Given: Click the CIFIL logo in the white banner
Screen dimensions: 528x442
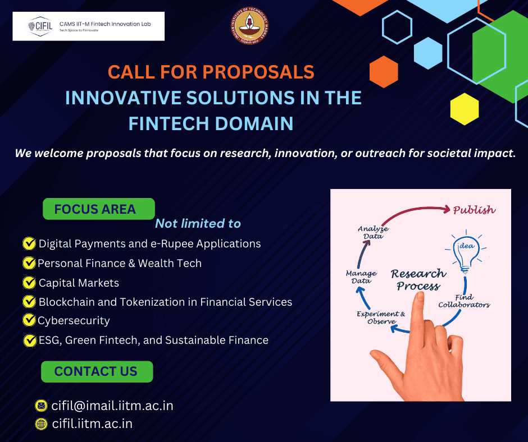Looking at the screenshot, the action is point(40,26).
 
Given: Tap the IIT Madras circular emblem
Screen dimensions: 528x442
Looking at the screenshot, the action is point(249,26).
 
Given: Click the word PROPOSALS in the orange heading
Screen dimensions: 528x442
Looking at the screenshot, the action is point(258,72).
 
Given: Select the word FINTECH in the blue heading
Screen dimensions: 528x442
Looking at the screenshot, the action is point(169,123).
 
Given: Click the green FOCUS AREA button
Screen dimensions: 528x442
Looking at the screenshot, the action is point(99,209).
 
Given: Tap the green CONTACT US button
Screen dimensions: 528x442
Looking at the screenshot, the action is point(97,371).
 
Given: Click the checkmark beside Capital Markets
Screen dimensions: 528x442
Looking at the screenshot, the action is point(29,283).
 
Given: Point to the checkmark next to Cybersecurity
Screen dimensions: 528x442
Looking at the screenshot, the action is point(29,320).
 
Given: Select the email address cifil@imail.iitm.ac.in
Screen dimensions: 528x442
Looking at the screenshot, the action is point(112,406).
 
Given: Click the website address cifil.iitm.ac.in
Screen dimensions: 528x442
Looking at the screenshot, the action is point(92,423).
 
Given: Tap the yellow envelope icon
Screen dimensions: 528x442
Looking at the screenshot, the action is point(41,406).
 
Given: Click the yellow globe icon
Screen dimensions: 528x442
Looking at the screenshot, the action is point(41,424).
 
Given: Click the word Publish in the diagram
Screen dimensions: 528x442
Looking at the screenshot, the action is point(474,210).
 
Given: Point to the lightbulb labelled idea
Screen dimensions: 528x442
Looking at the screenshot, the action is point(466,252).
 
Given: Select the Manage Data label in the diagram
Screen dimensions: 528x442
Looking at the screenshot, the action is point(361,277).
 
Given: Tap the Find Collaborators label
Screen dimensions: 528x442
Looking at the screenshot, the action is point(464,301).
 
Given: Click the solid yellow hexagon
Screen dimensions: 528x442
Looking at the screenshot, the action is point(465,109).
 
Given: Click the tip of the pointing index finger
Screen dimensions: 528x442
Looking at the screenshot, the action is point(419,294).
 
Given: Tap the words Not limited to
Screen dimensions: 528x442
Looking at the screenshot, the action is point(198,223).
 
